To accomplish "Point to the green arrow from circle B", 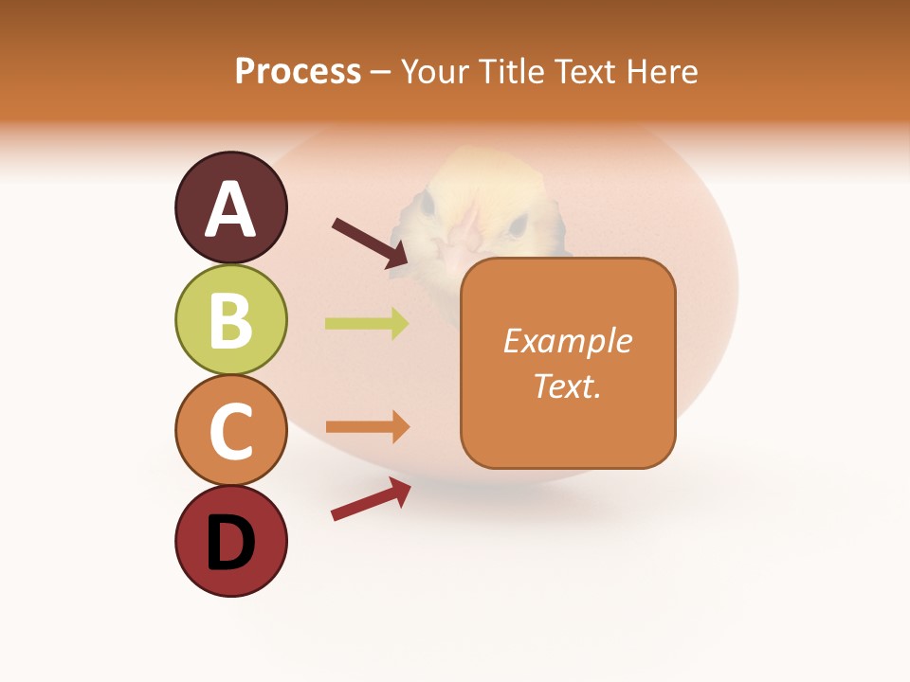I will coord(367,324).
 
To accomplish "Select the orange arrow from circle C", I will coord(368,427).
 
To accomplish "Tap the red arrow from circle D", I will coord(370,498).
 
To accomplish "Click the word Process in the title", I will coord(298,71).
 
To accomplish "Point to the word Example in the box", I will coord(567,341).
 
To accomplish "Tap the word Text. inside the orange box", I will coord(567,386).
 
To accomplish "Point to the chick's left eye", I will coord(425,203).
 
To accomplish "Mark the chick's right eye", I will coord(518,224).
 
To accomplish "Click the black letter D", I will coord(230,543).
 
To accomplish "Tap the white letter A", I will coord(230,209).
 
